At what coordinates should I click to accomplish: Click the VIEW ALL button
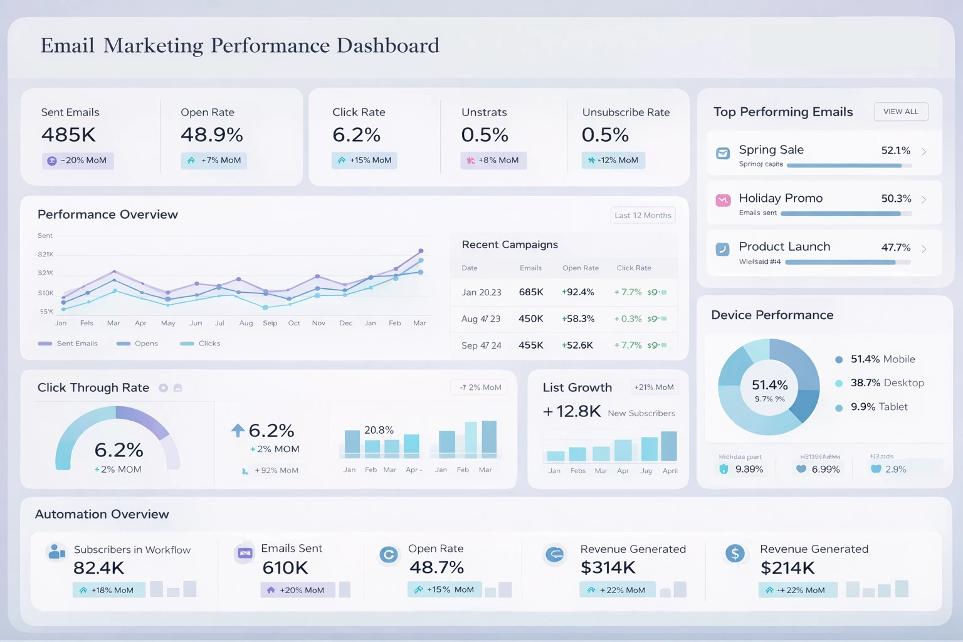pos(900,112)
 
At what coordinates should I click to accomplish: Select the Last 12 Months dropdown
pos(643,215)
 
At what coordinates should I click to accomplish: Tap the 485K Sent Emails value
pos(68,135)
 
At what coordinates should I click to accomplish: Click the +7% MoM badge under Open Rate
pos(214,160)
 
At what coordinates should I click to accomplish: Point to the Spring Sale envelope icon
pos(722,153)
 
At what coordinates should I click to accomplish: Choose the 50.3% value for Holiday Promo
pos(896,199)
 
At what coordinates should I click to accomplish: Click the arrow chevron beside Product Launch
pos(924,249)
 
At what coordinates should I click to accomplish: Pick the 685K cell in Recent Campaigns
pos(530,292)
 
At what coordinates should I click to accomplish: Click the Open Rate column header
pos(580,268)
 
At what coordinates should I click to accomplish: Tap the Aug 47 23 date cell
pos(480,318)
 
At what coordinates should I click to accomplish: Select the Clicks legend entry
pos(200,344)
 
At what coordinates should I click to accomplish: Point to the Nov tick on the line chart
pos(318,324)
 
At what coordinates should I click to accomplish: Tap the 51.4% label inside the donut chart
pos(769,385)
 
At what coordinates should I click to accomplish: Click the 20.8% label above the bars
pos(379,430)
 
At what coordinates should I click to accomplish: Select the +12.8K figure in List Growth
pos(572,411)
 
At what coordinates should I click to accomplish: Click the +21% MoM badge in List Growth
pos(653,387)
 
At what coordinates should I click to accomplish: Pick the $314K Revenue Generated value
pos(608,568)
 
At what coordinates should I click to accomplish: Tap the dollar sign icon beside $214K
pos(735,553)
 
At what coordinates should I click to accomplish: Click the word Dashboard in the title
pos(387,46)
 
